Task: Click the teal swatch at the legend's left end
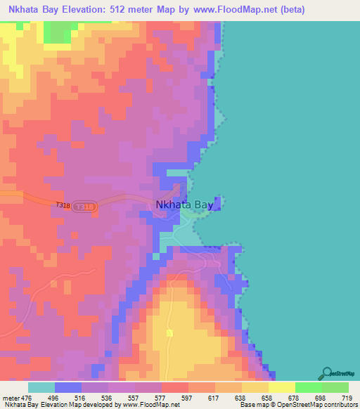tap(41, 387)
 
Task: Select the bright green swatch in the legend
tap(309, 387)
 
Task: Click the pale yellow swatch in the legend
tap(282, 387)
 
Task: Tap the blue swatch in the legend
tap(68, 387)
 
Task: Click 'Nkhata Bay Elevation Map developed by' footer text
tap(60, 404)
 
